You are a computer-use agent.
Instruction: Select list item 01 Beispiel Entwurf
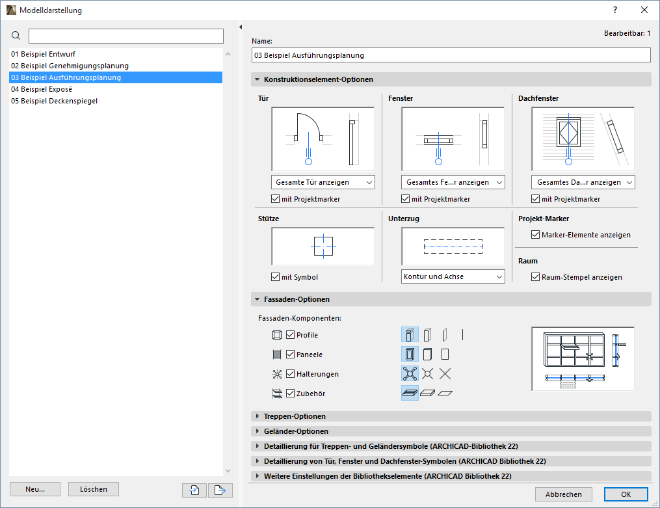tap(43, 54)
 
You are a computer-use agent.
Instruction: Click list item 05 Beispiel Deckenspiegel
tap(55, 101)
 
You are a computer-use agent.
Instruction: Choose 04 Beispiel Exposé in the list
tap(42, 89)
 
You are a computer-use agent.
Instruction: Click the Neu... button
tap(35, 489)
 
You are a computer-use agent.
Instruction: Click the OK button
tap(626, 494)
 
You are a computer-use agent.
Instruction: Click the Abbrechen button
tap(564, 494)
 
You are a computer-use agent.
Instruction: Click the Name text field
tap(451, 55)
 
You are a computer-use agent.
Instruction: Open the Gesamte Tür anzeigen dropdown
tap(323, 182)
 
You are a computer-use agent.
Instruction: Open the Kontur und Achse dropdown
tap(453, 276)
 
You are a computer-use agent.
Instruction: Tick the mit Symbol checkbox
tap(276, 277)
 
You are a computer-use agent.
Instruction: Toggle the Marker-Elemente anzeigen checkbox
tap(536, 235)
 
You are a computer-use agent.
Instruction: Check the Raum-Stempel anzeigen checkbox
tap(536, 277)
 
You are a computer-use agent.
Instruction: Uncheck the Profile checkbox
tap(291, 335)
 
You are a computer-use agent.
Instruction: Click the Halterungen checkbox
tap(291, 374)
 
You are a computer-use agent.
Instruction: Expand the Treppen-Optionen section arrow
tap(257, 416)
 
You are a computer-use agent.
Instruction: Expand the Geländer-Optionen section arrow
tap(257, 431)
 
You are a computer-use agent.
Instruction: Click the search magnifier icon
tap(16, 36)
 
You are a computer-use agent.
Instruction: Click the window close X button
tap(644, 10)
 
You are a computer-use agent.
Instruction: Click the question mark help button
tap(615, 10)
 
